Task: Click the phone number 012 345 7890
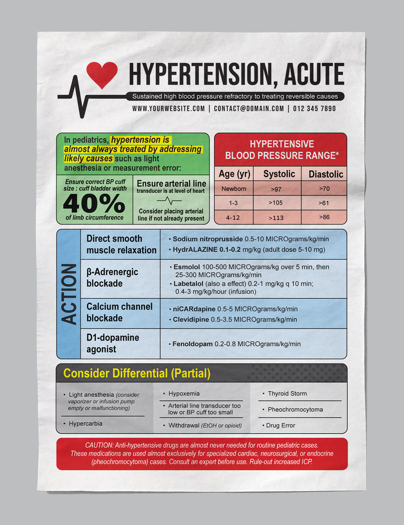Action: (x=314, y=109)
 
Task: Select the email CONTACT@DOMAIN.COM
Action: (x=249, y=109)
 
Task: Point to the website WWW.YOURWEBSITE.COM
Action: (x=169, y=109)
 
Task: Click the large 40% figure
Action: (x=94, y=204)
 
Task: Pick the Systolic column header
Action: (x=279, y=174)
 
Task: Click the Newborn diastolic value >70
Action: (x=324, y=189)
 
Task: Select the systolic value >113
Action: (x=276, y=218)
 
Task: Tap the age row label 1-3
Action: (x=233, y=203)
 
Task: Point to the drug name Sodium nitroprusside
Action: (x=207, y=239)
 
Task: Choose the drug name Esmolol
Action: (x=187, y=267)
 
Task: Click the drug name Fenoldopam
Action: (x=192, y=344)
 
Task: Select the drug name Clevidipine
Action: (x=191, y=320)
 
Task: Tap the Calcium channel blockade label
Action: (x=119, y=312)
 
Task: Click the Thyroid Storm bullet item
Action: (x=287, y=394)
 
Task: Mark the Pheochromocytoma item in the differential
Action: (x=295, y=410)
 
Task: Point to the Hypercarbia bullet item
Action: (x=85, y=424)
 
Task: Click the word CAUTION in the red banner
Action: (x=99, y=445)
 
